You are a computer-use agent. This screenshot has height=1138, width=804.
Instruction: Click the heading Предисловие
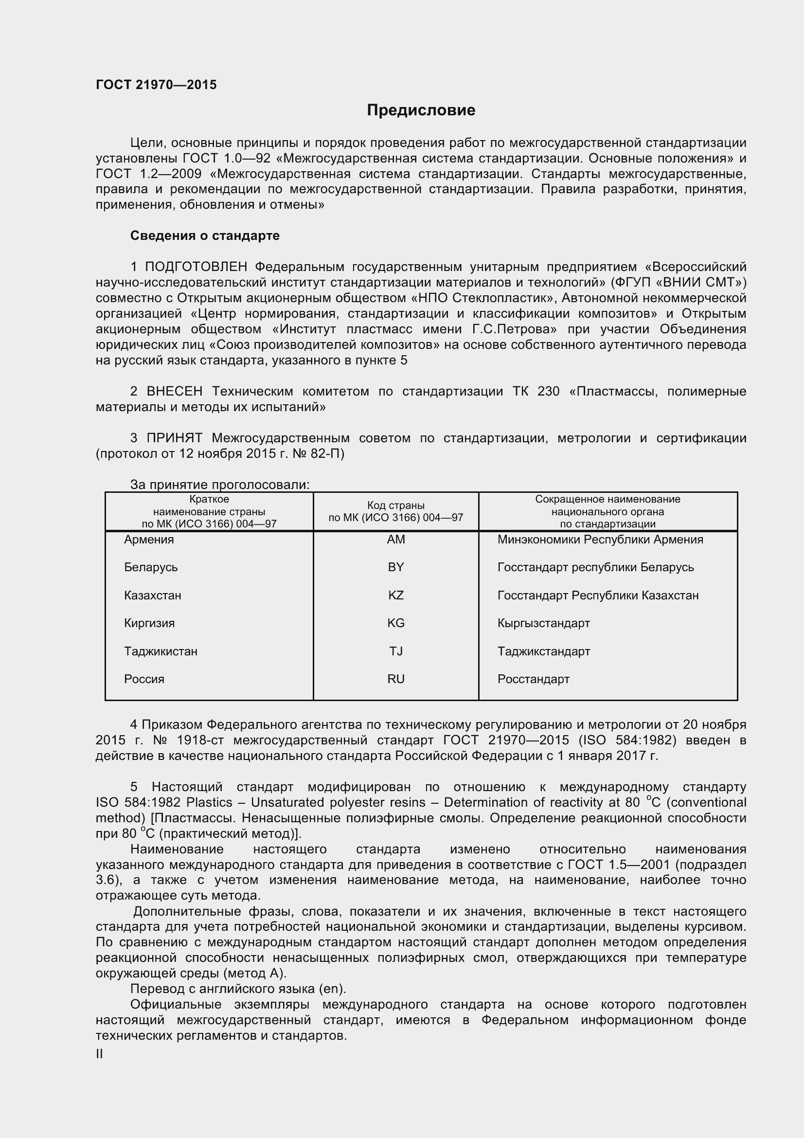point(421,110)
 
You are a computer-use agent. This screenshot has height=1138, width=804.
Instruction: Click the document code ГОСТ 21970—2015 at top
point(156,85)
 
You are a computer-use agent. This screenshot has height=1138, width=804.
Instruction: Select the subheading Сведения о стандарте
point(205,235)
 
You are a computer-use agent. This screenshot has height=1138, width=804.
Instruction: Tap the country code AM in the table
point(396,539)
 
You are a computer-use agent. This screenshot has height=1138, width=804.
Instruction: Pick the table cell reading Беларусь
point(151,567)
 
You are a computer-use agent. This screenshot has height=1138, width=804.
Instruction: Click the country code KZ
point(396,595)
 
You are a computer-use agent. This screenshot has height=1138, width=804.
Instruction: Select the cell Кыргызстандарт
point(543,623)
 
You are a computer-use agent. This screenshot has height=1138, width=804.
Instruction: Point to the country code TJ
point(396,651)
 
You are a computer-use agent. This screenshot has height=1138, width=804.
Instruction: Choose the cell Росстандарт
point(533,679)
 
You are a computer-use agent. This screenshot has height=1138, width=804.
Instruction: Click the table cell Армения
point(149,539)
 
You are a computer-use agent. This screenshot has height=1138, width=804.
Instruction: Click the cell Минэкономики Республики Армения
point(600,539)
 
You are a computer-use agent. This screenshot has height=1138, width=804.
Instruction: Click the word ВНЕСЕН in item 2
point(175,392)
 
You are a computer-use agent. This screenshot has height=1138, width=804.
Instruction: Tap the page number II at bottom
point(99,1054)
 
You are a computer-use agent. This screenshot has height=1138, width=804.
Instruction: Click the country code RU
point(396,679)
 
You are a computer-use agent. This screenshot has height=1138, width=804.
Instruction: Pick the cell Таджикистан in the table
point(161,651)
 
